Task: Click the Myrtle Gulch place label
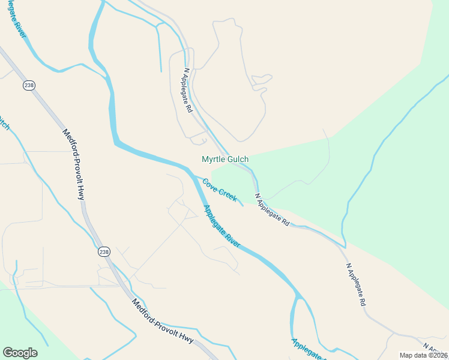[225, 159]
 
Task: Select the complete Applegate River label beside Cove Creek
[221, 227]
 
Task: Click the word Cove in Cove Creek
[209, 184]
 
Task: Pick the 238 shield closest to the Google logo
[104, 251]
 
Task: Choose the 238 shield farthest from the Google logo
[29, 85]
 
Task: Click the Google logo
[20, 353]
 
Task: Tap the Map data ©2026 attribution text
[423, 355]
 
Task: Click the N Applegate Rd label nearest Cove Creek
[272, 209]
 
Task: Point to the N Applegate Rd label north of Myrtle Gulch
[187, 91]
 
